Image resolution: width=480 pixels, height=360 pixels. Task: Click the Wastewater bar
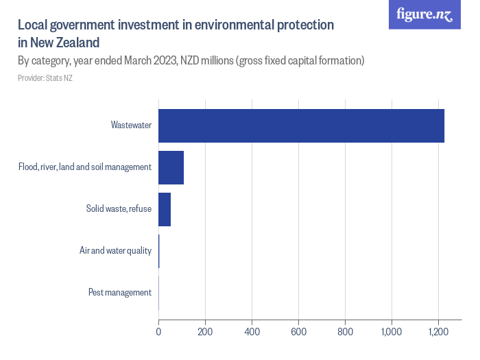coord(301,125)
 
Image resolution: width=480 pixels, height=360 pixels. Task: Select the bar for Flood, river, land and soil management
coord(171,167)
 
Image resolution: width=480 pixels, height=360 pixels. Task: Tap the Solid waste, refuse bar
coord(165,209)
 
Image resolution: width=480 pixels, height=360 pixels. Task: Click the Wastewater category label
coord(131,125)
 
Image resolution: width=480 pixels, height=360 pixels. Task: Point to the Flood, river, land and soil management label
coord(85,167)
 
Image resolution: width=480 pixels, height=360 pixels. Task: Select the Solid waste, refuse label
coord(119,209)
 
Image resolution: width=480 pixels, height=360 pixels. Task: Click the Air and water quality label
coord(115,251)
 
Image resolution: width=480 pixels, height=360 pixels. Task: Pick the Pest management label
coord(120,293)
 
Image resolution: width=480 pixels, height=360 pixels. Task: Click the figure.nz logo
coord(424,14)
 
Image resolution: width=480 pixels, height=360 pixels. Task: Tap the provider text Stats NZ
coord(58,78)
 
